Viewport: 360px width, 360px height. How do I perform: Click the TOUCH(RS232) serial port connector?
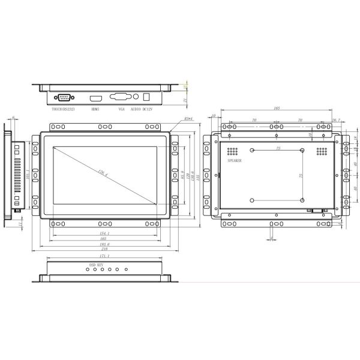[x=63, y=97]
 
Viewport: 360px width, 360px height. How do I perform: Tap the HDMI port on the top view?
[x=95, y=98]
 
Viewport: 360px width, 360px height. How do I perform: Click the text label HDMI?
[x=95, y=109]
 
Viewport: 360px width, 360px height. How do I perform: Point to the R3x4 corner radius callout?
[x=173, y=119]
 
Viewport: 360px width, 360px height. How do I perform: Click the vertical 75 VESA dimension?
[x=300, y=175]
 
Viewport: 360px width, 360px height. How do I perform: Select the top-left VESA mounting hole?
[x=253, y=151]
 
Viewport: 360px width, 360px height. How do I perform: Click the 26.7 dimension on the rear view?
[x=336, y=120]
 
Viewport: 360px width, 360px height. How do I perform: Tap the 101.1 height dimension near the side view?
[x=28, y=175]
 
